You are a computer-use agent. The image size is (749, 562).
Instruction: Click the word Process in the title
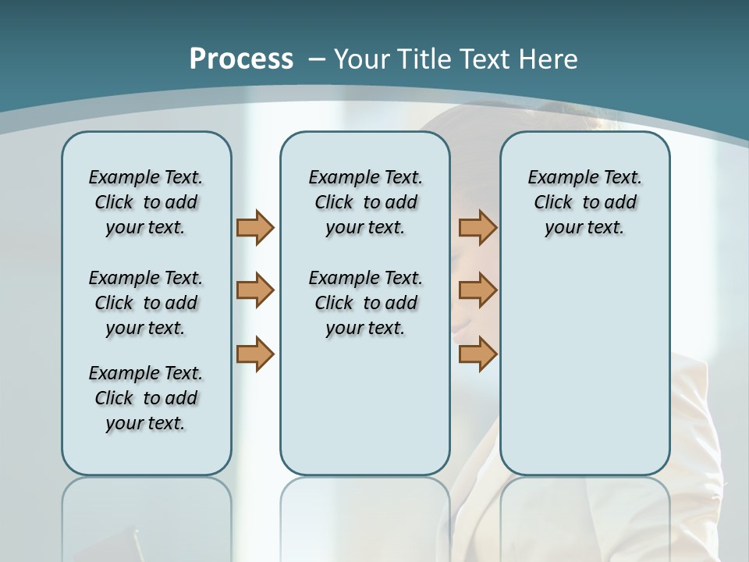coord(241,59)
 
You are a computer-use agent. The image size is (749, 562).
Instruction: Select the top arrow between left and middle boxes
coord(255,227)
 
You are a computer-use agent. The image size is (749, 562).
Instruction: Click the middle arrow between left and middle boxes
coord(255,290)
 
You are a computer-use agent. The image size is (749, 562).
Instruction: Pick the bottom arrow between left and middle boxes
coord(255,354)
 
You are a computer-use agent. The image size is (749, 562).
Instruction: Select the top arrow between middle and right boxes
coord(477,227)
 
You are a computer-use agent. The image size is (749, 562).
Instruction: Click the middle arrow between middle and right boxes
coord(477,290)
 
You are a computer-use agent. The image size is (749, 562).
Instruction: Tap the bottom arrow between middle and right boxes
coord(477,354)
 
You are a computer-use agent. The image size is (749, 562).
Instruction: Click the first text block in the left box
coord(146,202)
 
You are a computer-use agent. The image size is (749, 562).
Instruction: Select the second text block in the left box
coord(146,303)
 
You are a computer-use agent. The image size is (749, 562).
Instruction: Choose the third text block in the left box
coord(146,398)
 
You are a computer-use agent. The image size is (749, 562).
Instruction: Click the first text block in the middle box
coord(365,202)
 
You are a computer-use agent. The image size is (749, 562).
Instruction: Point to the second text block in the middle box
coord(365,303)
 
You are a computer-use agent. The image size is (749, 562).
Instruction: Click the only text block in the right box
coord(584,202)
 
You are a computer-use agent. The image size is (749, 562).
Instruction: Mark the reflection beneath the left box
coord(147,515)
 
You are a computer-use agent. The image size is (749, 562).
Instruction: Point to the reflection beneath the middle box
coord(365,515)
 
